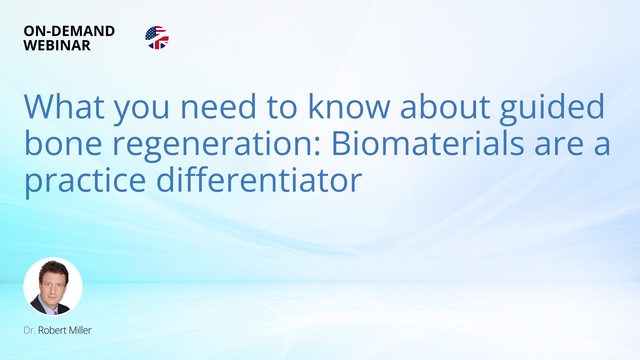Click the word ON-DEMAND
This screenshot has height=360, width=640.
click(x=69, y=31)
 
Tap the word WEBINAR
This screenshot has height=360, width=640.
click(x=57, y=45)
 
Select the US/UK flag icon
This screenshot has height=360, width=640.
click(x=157, y=38)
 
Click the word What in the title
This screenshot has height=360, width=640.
click(x=64, y=107)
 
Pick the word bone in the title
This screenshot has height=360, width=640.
click(x=63, y=143)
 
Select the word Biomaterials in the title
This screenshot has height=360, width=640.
click(x=428, y=143)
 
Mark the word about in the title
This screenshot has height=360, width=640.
click(x=445, y=107)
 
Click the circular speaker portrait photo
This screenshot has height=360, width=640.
click(x=53, y=286)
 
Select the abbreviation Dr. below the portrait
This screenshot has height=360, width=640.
click(x=29, y=330)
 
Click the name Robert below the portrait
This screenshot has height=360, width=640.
click(x=52, y=330)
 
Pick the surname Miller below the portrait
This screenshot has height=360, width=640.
click(x=80, y=330)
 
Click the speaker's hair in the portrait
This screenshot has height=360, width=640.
click(x=53, y=268)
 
